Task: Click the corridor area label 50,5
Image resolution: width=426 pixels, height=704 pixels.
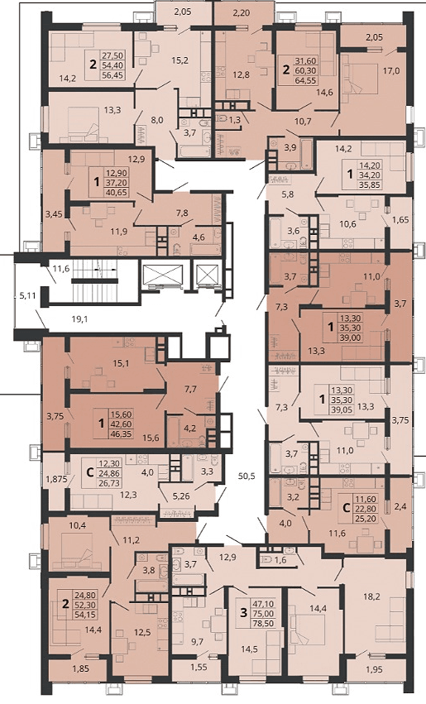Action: (x=247, y=477)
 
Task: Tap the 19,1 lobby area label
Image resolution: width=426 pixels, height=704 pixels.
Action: (x=79, y=319)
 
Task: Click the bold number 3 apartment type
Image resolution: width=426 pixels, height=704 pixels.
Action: (x=244, y=613)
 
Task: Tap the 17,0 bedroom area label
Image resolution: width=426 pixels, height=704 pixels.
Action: (x=391, y=70)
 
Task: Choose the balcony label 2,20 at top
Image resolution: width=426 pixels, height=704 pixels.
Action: (x=242, y=12)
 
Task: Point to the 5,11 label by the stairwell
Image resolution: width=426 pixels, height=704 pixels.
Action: (x=27, y=295)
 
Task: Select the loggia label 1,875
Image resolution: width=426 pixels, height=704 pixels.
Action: (x=56, y=479)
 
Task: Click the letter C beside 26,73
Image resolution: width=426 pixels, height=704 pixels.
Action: (x=89, y=472)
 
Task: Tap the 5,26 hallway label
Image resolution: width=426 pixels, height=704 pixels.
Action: (x=181, y=496)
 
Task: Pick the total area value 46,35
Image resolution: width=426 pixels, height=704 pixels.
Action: (x=122, y=434)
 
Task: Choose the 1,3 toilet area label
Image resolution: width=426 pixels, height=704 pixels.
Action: (x=235, y=119)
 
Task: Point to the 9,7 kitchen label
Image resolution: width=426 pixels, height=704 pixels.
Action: (x=197, y=642)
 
